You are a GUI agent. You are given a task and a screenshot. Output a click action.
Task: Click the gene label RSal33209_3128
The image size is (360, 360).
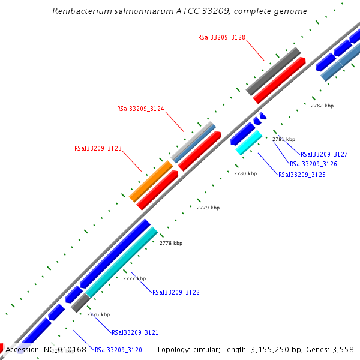point(221,37)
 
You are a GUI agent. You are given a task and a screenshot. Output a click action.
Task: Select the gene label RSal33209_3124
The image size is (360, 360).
point(140,109)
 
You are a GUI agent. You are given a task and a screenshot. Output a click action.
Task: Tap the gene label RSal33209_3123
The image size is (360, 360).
point(98,148)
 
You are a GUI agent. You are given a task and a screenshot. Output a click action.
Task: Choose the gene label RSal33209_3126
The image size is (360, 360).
point(313,164)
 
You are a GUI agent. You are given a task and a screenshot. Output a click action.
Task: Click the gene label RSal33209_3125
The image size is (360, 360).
point(302,175)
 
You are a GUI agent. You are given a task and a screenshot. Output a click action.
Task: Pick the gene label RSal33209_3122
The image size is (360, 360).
point(176,293)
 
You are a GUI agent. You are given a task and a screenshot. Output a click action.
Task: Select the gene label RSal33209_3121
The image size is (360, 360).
point(135,332)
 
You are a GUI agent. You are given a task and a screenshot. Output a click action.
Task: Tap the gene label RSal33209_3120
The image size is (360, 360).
point(118,350)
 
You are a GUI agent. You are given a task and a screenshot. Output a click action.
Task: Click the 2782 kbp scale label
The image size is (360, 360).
point(322,106)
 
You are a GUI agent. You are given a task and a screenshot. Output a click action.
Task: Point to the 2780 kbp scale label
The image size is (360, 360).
point(245,174)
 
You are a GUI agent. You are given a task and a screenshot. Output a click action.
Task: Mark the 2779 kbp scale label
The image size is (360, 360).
point(208,208)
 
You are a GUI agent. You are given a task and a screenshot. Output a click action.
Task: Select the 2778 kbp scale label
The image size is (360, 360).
point(171,244)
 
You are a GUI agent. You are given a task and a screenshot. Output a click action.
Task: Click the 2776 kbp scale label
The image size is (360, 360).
point(98,314)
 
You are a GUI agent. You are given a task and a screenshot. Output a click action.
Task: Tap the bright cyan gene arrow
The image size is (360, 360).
point(249,143)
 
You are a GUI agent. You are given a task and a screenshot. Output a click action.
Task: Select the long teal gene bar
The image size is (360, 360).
point(122,262)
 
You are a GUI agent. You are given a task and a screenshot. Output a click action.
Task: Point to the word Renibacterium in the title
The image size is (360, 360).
point(79,11)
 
